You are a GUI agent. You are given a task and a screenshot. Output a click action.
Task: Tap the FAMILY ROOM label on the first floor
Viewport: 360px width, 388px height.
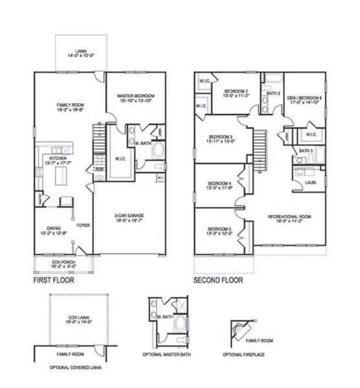pos(68,106)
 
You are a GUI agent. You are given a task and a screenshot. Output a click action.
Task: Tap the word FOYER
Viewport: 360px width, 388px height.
pos(83,226)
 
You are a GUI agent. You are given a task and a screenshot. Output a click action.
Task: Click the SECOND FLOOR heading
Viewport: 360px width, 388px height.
pos(218,281)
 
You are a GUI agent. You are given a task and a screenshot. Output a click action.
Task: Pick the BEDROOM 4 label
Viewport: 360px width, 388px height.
pos(220,185)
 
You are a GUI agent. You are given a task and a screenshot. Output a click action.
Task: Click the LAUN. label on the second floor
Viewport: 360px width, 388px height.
pos(312,182)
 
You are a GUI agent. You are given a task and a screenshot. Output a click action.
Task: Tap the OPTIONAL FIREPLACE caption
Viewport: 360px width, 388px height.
pos(243,354)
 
